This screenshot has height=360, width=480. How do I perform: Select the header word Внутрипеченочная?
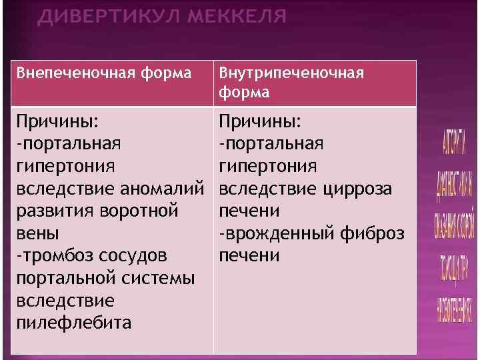tap(292, 72)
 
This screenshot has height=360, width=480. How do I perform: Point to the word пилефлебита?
tap(74, 323)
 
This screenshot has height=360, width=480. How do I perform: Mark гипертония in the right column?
tap(269, 167)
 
